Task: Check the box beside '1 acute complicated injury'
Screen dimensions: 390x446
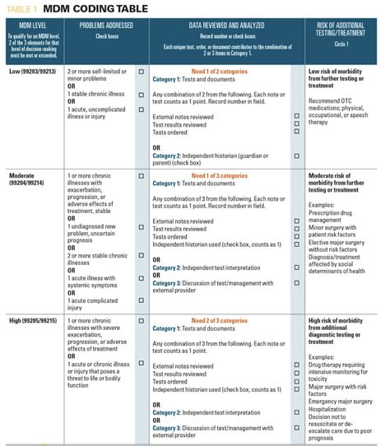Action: (x=141, y=301)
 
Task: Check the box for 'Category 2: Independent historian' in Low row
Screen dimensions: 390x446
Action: (x=295, y=155)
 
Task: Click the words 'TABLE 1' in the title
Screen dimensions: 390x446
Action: (x=21, y=8)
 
